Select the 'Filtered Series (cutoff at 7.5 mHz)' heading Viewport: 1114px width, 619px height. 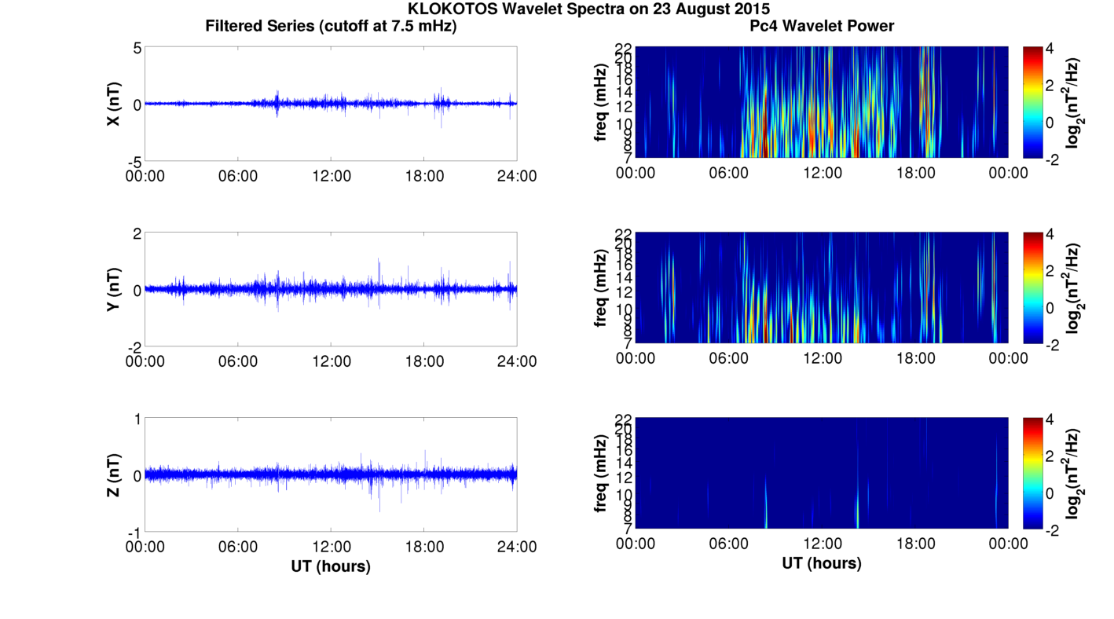(x=331, y=26)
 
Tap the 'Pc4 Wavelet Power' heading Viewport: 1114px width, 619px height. (x=821, y=26)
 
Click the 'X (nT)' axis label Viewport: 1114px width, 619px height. (x=113, y=104)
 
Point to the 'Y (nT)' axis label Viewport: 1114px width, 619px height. (x=113, y=290)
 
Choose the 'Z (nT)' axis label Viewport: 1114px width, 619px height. (x=113, y=475)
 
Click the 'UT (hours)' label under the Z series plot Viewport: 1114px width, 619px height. (x=331, y=566)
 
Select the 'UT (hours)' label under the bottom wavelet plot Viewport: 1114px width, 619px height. (x=821, y=562)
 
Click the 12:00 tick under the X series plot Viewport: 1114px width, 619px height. (x=331, y=176)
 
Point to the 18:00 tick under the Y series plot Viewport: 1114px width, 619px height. (x=424, y=361)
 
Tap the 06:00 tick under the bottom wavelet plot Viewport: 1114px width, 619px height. (x=728, y=544)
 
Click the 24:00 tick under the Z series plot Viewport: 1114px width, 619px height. (x=517, y=547)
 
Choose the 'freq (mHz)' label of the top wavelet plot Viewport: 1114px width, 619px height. (x=601, y=103)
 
